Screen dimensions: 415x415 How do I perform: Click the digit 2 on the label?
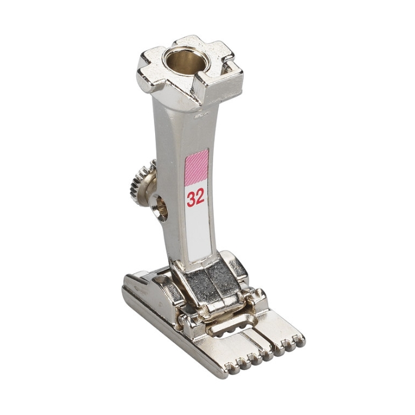(x=200, y=197)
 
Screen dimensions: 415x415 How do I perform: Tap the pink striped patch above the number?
(x=197, y=168)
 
